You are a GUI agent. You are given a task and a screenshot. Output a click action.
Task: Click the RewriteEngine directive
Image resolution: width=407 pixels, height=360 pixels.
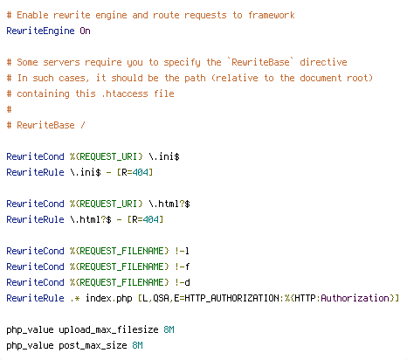point(40,31)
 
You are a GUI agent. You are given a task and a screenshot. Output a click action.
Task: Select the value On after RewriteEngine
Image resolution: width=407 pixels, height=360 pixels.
point(85,31)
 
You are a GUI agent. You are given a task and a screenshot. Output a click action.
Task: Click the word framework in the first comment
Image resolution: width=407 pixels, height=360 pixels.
point(272,15)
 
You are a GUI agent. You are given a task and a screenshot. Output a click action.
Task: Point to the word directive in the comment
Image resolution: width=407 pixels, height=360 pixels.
point(323,62)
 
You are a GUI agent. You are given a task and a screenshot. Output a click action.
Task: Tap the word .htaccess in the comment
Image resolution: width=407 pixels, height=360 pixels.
point(125,93)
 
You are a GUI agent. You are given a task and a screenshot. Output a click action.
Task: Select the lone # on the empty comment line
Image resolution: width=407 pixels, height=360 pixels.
point(9,109)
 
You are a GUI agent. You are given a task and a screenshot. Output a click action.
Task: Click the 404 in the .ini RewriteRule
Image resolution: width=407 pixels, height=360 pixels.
point(140,172)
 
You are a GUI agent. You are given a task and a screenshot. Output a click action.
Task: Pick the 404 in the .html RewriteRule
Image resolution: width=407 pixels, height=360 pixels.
point(150,219)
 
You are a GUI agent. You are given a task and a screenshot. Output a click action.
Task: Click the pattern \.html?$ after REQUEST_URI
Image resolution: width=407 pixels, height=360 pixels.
point(169,204)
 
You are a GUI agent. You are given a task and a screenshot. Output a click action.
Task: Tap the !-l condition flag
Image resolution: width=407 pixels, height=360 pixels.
point(182,251)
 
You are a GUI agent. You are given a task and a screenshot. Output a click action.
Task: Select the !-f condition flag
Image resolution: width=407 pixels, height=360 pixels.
point(182,267)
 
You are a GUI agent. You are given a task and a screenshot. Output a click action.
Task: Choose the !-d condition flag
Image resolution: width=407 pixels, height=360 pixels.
point(183,282)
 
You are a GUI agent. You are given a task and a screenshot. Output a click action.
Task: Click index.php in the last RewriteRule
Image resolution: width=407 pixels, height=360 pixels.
point(108,298)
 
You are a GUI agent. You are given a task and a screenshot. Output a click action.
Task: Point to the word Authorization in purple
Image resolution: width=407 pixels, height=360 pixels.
point(355,298)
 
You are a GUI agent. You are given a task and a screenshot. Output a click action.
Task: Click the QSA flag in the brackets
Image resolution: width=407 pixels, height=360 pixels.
point(161,298)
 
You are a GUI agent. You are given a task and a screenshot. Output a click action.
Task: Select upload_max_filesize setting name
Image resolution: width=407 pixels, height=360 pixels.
point(108,329)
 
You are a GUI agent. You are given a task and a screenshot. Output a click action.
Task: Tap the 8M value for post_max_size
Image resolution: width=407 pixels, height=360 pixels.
point(137,345)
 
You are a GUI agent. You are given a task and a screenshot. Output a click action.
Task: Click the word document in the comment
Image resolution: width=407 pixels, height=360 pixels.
point(321,78)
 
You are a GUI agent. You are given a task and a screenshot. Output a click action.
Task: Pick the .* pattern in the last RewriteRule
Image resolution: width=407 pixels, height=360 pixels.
point(75,299)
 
